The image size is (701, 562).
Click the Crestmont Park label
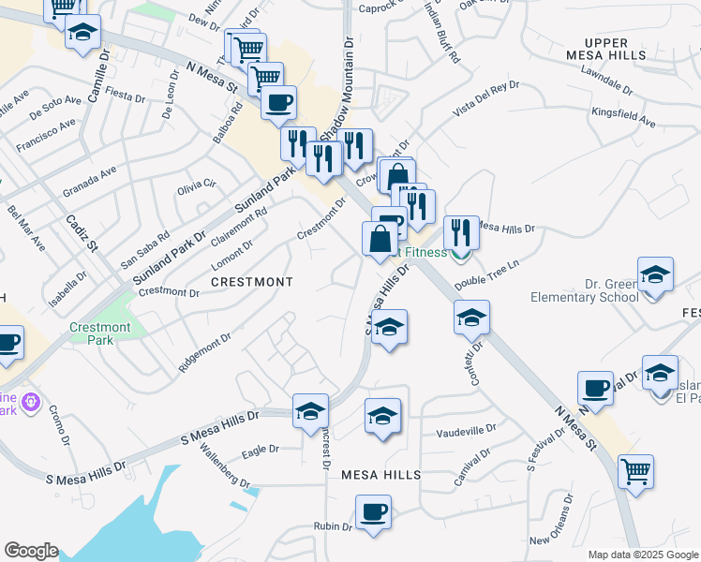point(100,333)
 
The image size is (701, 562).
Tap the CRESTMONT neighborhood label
point(251,281)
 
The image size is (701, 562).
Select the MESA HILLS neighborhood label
point(372,475)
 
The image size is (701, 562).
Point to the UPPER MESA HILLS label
point(615,50)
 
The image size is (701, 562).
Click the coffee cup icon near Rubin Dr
point(373,512)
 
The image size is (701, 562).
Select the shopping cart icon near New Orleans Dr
point(636,471)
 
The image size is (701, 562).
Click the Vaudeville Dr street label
point(466,432)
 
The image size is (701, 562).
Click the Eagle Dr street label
point(261,450)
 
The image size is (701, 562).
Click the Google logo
point(31,551)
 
